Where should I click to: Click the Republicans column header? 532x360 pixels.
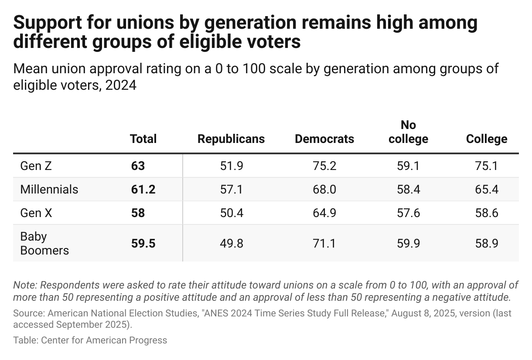coord(231,139)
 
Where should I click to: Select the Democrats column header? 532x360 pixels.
coord(324,139)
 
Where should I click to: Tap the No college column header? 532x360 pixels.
coord(408,132)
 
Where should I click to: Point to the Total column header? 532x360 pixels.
coord(143,139)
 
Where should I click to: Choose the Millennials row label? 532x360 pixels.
coord(49,189)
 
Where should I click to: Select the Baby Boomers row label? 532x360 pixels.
coord(44,243)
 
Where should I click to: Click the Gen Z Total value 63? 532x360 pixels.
coord(138,166)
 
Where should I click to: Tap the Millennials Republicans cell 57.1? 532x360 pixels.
coord(231,189)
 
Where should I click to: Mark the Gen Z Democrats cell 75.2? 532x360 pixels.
coord(324,166)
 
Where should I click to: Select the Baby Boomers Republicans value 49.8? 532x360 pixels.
coord(231,243)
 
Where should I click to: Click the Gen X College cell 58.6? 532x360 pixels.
coord(487,213)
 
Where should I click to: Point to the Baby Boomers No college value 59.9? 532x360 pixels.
coord(408,243)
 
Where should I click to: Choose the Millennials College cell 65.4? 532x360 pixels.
coord(487,189)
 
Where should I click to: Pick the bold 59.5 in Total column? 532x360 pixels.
coord(143,243)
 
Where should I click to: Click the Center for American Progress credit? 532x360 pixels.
coord(104,340)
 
